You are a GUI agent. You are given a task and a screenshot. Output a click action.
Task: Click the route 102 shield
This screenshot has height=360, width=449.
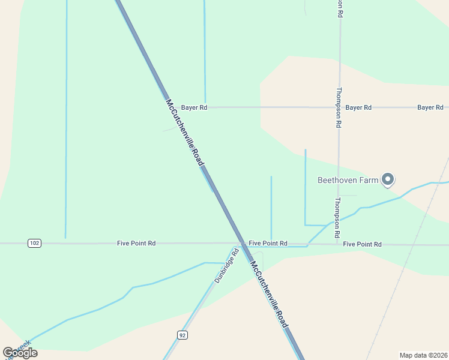pos(34,243)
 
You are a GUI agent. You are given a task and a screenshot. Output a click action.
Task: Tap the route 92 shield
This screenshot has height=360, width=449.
pos(182,334)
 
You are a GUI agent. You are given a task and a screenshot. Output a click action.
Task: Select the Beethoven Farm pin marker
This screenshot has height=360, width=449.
pos(388,179)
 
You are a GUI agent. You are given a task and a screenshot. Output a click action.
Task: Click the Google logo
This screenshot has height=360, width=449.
pos(20,353)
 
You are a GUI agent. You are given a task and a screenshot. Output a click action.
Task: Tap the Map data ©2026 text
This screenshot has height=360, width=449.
pos(423,355)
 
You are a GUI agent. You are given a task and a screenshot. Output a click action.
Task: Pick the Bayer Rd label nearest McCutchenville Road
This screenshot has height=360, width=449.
pos(194,107)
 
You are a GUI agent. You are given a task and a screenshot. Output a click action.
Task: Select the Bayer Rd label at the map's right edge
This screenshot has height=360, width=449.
pos(430,107)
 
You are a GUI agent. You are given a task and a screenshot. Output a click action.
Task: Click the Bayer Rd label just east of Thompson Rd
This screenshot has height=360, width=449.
pos(358,107)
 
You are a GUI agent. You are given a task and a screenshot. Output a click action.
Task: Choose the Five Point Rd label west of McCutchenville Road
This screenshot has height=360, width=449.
pos(136,243)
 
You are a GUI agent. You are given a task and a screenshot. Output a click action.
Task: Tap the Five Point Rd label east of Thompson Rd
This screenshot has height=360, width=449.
pos(362,244)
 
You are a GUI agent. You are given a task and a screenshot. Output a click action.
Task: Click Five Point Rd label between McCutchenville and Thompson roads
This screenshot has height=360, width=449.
pos(268,243)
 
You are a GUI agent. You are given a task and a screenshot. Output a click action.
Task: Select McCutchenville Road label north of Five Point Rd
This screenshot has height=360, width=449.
pos(184,133)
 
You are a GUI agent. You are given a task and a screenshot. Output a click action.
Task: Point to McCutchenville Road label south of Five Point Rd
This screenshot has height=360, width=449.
pos(269,295)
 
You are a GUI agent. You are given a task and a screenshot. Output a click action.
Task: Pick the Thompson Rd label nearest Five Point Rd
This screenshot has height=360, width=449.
pos(338,217)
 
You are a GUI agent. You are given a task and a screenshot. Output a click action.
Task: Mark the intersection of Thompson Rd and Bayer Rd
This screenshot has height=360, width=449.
pos(339,107)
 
